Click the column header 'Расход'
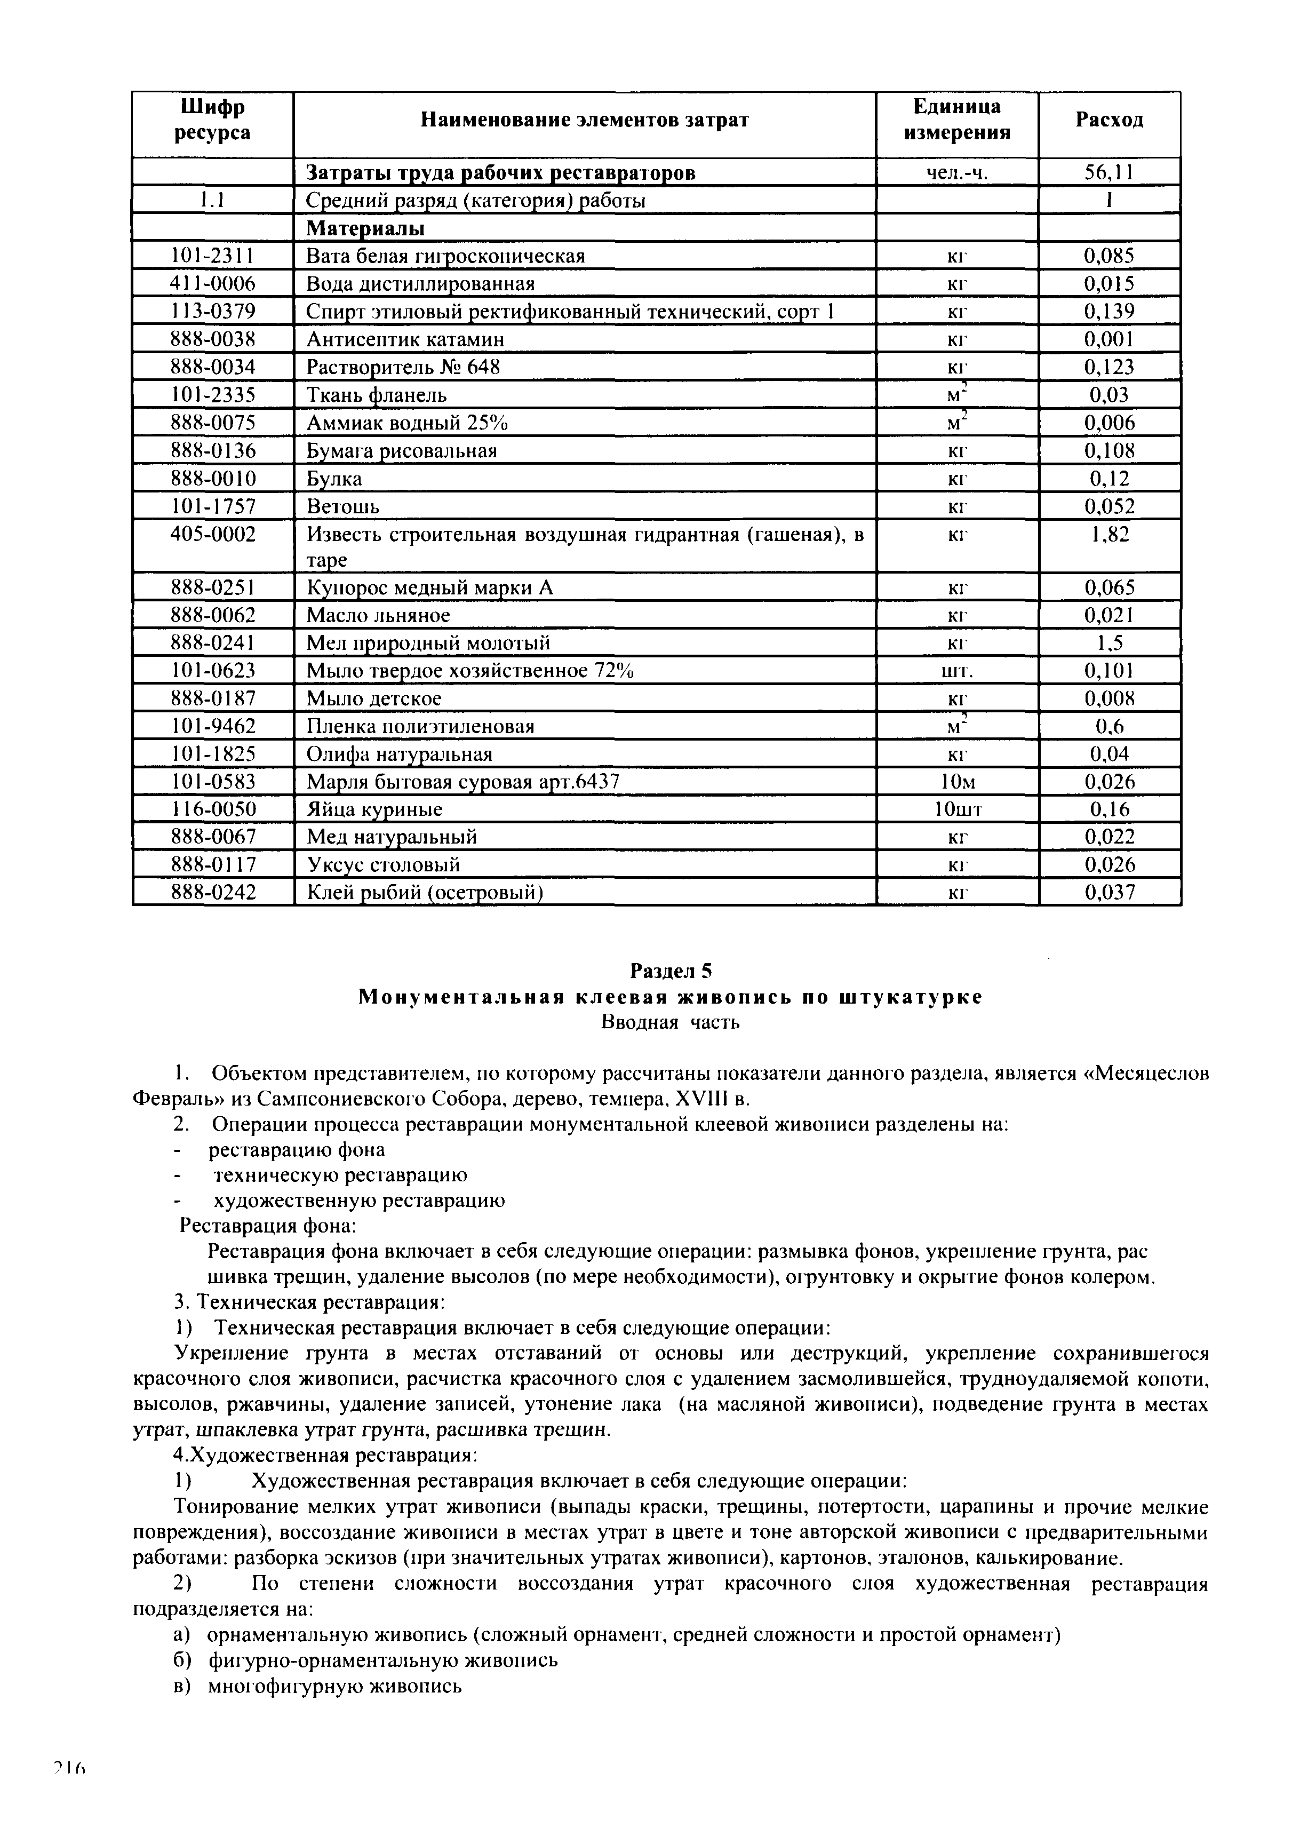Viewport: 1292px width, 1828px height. tap(1109, 120)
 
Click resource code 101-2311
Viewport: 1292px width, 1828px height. tap(212, 256)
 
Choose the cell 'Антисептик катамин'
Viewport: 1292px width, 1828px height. tap(405, 340)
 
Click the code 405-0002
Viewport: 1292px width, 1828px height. tap(212, 534)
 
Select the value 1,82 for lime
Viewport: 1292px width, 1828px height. tap(1109, 534)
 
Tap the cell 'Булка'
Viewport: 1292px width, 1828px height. tap(334, 479)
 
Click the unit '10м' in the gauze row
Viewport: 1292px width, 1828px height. tap(957, 782)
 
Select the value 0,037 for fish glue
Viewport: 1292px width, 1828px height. tap(1109, 893)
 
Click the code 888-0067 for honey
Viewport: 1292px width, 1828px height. tap(212, 837)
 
